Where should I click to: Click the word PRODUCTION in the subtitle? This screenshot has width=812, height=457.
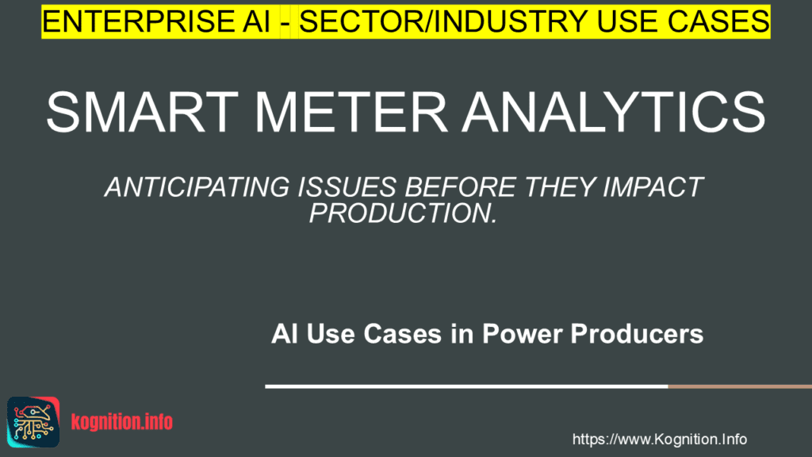point(400,213)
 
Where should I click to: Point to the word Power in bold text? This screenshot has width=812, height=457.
point(515,334)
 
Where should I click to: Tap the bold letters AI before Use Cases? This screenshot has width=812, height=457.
point(283,334)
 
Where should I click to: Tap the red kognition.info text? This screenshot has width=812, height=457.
point(121,421)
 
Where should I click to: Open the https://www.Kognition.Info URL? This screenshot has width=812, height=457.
point(659,439)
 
